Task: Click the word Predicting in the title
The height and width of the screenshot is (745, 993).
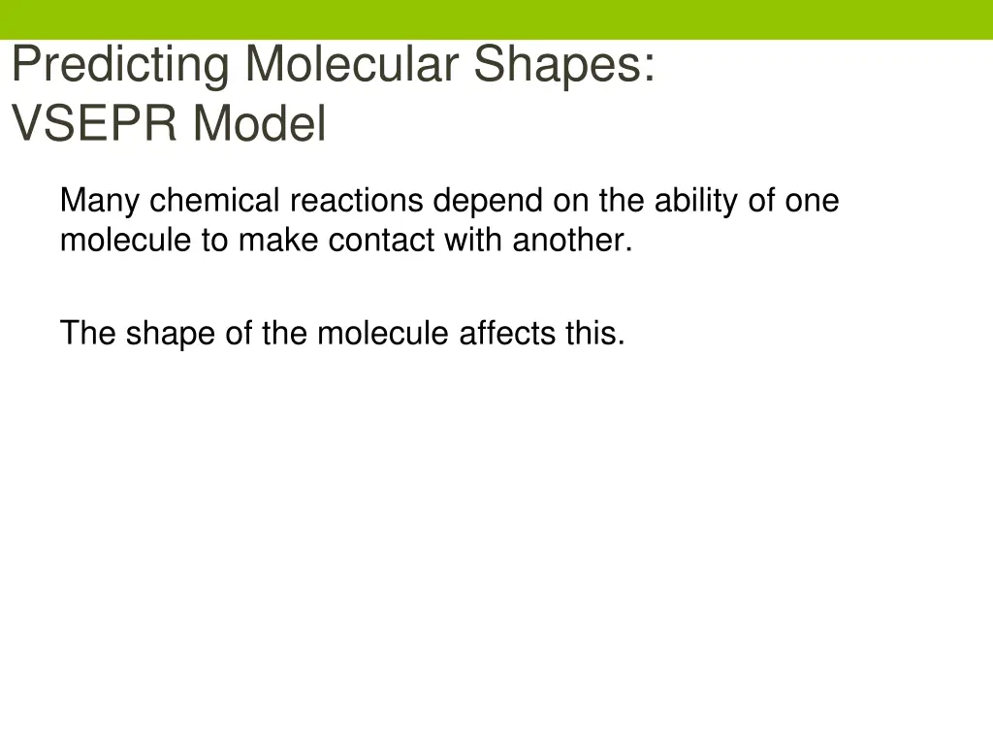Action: [x=120, y=66]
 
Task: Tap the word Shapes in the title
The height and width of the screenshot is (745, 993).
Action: [x=563, y=66]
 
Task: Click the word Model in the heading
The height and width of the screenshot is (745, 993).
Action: [x=259, y=125]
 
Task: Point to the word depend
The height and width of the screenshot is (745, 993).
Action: [x=489, y=201]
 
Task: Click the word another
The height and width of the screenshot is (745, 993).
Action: [x=572, y=240]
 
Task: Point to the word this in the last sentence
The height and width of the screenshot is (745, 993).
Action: [x=595, y=333]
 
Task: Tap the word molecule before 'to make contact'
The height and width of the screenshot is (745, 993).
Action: [x=126, y=240]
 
